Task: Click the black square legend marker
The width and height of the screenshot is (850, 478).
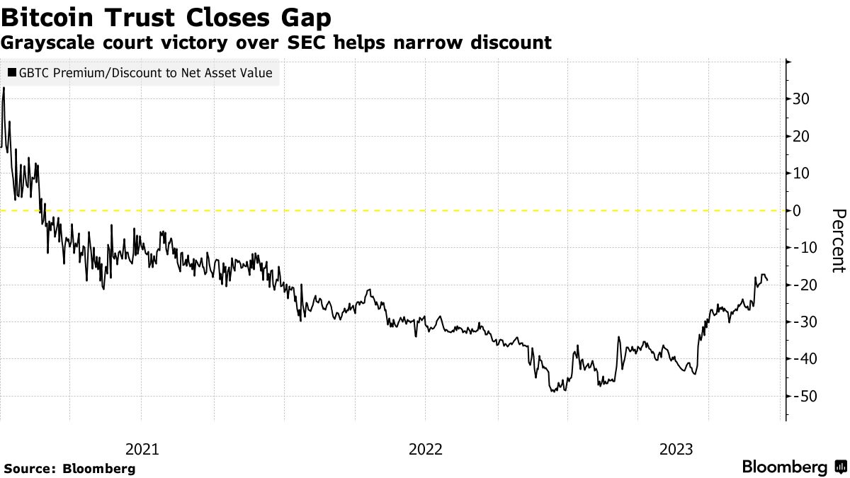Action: [12, 73]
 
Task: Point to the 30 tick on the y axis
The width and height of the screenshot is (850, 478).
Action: [800, 99]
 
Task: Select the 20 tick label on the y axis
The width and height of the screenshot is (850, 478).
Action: [800, 136]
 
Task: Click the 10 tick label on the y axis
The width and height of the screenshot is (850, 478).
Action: [800, 173]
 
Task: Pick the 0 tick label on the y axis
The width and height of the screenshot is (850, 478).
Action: [797, 210]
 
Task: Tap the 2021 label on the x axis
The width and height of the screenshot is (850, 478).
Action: [142, 449]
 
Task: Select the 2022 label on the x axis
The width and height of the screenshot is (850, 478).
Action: [426, 449]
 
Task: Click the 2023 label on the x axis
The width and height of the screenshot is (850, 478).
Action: [676, 449]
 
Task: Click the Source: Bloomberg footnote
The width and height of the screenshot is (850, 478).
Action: [69, 469]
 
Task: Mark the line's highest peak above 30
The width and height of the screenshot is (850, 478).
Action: [4, 88]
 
